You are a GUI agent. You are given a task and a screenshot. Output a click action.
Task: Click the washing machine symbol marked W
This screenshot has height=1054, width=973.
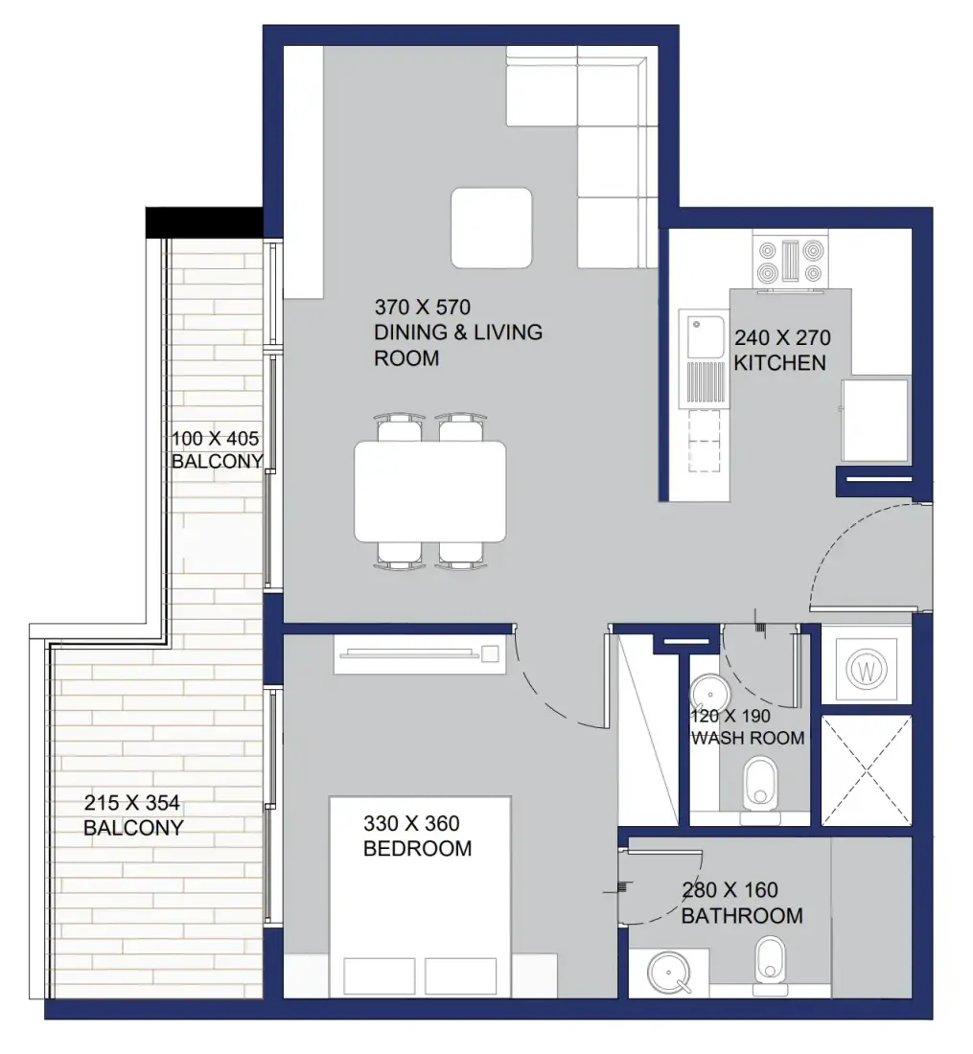[x=867, y=670]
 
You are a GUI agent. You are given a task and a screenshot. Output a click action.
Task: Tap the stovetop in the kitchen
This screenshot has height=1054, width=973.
[x=791, y=261]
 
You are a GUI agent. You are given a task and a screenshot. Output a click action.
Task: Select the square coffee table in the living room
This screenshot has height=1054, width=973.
[x=492, y=228]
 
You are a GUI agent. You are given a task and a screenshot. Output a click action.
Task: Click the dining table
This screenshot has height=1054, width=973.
[x=430, y=492]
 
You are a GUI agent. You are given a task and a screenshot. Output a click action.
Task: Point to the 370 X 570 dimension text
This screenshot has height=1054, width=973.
[x=423, y=308]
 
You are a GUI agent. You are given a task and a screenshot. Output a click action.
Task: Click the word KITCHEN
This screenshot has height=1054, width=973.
[x=779, y=363]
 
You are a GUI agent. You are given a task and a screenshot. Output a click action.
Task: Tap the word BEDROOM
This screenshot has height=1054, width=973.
[x=418, y=848]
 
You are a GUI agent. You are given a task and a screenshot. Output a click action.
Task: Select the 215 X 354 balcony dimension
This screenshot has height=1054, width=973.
[x=131, y=803]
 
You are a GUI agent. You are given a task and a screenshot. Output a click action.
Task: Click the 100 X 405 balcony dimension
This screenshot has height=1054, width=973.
[x=215, y=439]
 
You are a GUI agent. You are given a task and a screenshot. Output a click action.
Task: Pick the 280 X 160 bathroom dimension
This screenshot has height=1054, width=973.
[x=730, y=890]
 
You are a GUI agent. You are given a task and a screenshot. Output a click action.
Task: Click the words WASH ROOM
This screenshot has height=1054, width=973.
[x=748, y=738]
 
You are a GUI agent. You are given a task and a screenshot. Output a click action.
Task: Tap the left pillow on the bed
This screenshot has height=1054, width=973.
[x=379, y=976]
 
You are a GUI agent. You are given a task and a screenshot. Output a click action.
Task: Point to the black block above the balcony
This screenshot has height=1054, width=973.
[x=204, y=222]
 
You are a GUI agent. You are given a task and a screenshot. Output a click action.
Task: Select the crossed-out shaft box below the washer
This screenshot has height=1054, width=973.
[x=867, y=770]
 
